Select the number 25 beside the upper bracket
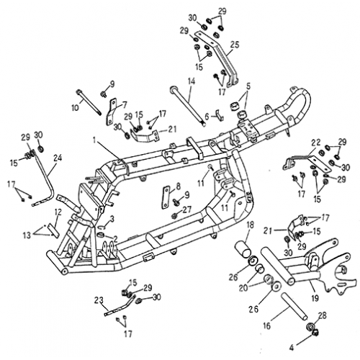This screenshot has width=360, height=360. [233, 45]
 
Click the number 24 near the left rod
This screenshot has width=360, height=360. [58, 158]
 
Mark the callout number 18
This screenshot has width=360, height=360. [251, 226]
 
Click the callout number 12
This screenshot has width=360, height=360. [57, 212]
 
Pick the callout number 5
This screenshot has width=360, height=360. [248, 86]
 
